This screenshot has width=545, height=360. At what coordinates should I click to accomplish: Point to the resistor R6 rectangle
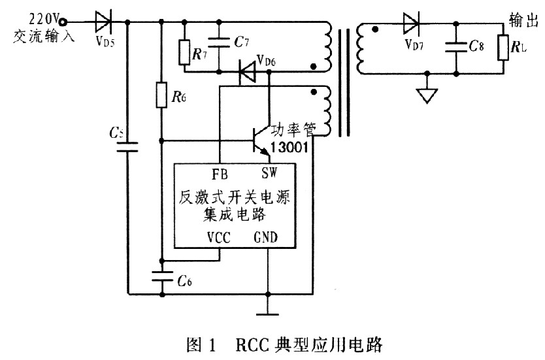(x=161, y=96)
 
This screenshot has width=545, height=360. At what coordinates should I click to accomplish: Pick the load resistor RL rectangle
(x=504, y=47)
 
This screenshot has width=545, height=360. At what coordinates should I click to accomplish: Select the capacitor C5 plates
(x=127, y=145)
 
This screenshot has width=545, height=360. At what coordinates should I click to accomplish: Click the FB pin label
(x=220, y=175)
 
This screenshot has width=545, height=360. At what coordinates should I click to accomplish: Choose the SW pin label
(x=269, y=175)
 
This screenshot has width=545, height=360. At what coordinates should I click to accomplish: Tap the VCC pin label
(x=219, y=238)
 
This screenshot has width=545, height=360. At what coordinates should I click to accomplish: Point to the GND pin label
(x=266, y=238)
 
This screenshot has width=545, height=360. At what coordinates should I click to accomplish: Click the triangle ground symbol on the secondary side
(x=426, y=96)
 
